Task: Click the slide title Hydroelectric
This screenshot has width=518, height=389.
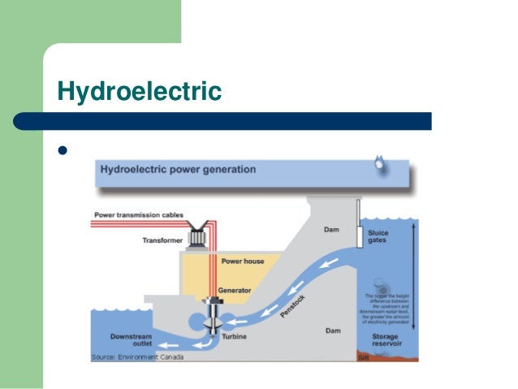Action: pos(139,91)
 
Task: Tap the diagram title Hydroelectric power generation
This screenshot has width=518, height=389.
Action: pos(178,171)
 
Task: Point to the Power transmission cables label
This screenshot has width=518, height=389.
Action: pos(138,215)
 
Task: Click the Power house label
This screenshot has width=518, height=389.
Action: pos(242,261)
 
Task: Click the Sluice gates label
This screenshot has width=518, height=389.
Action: pos(378,237)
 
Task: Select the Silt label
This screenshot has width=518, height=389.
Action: pos(363,357)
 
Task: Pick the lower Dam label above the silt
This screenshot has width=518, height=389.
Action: pos(333,331)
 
